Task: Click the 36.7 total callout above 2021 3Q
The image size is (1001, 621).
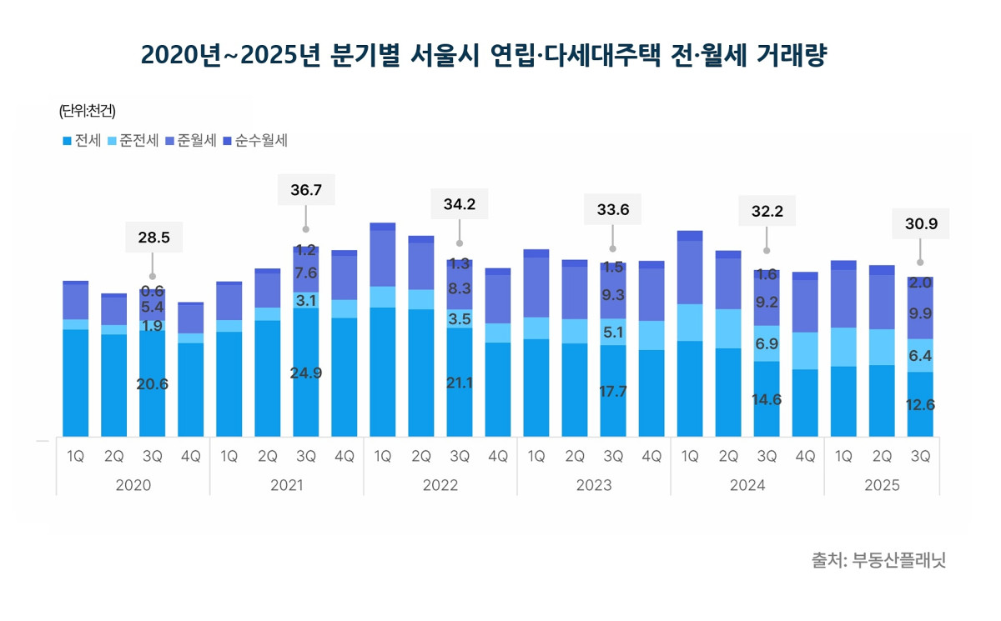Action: (x=306, y=191)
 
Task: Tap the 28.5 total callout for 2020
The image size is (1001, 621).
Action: (x=153, y=238)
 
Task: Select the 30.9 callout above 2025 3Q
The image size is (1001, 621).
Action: (x=920, y=224)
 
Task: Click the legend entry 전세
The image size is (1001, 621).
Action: (x=82, y=141)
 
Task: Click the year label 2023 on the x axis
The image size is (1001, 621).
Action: (x=593, y=485)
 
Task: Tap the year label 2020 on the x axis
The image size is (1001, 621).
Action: (x=133, y=485)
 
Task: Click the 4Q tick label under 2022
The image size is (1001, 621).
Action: (x=498, y=457)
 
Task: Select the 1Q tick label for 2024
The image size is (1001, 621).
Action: (x=690, y=457)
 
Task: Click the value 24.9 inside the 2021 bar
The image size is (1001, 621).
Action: (x=306, y=373)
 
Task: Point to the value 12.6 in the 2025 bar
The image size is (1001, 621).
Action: (x=920, y=405)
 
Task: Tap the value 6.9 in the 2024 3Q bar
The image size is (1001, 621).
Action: (x=767, y=343)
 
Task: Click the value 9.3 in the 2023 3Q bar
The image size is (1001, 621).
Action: (x=613, y=295)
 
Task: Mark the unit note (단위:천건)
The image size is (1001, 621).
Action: (x=87, y=111)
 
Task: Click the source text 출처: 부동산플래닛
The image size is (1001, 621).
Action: (x=878, y=559)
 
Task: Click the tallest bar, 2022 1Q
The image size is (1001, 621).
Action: (x=383, y=333)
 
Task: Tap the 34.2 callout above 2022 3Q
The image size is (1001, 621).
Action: (x=460, y=204)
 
